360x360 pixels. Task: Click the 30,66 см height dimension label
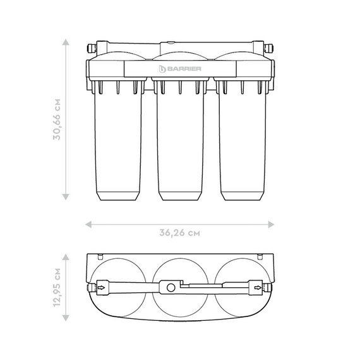57,119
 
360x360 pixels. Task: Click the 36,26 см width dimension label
179,233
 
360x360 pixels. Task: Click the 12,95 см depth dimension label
57,287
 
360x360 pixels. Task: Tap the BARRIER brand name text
184,69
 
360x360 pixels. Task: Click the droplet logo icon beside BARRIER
162,69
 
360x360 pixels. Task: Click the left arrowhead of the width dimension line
88,225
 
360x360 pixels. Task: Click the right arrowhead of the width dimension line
271,225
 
